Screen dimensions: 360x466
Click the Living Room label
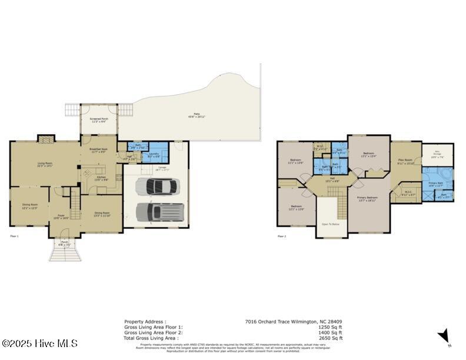point(45,165)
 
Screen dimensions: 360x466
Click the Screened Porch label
point(98,121)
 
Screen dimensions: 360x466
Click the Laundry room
point(154,155)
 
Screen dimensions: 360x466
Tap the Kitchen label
point(102,178)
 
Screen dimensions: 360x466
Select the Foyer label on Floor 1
point(61,216)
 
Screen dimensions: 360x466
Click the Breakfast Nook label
point(98,151)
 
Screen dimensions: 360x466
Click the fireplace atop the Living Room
point(46,139)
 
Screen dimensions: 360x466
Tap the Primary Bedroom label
point(368,198)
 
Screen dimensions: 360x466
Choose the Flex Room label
point(405,161)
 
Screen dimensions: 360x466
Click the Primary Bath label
point(436,185)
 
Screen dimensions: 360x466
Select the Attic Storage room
point(437,156)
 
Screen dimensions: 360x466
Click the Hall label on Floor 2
point(332,179)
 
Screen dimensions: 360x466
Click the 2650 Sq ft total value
point(332,338)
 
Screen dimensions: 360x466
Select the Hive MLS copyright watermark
point(39,343)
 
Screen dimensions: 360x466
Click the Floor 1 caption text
point(15,236)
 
